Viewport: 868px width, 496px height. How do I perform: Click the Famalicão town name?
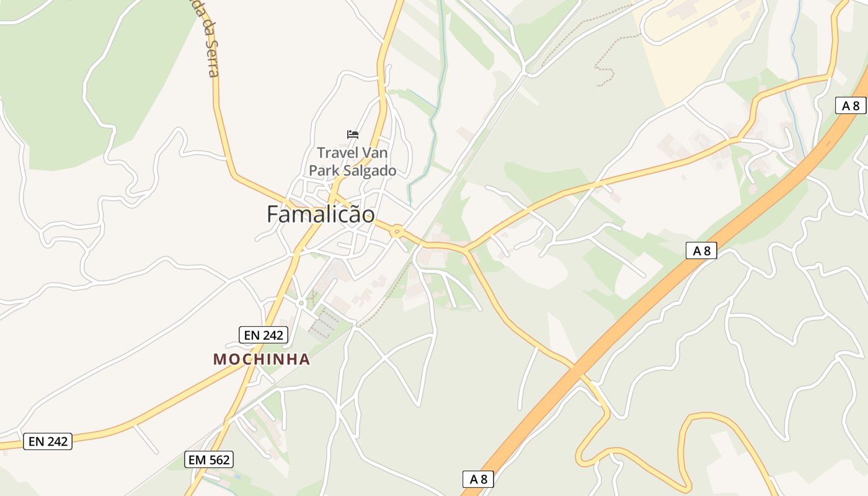pyautogui.click(x=321, y=215)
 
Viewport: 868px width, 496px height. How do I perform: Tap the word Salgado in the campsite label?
pyautogui.click(x=370, y=170)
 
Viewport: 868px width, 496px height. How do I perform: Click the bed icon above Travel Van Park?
pyautogui.click(x=353, y=134)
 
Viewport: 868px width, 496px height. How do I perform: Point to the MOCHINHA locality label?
pyautogui.click(x=262, y=360)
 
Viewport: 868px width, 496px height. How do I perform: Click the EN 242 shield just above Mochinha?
pyautogui.click(x=263, y=335)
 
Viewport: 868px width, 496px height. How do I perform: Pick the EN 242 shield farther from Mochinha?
pyautogui.click(x=48, y=441)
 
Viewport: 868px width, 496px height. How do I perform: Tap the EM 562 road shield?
pyautogui.click(x=209, y=459)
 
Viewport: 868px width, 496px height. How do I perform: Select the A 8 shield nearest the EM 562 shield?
pyautogui.click(x=478, y=479)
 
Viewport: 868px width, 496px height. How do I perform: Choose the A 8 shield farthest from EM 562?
pyautogui.click(x=850, y=105)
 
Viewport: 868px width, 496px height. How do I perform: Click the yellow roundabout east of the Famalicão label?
pyautogui.click(x=397, y=232)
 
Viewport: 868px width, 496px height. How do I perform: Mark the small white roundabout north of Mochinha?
pyautogui.click(x=301, y=303)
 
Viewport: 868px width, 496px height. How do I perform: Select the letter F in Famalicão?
pyautogui.click(x=273, y=215)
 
